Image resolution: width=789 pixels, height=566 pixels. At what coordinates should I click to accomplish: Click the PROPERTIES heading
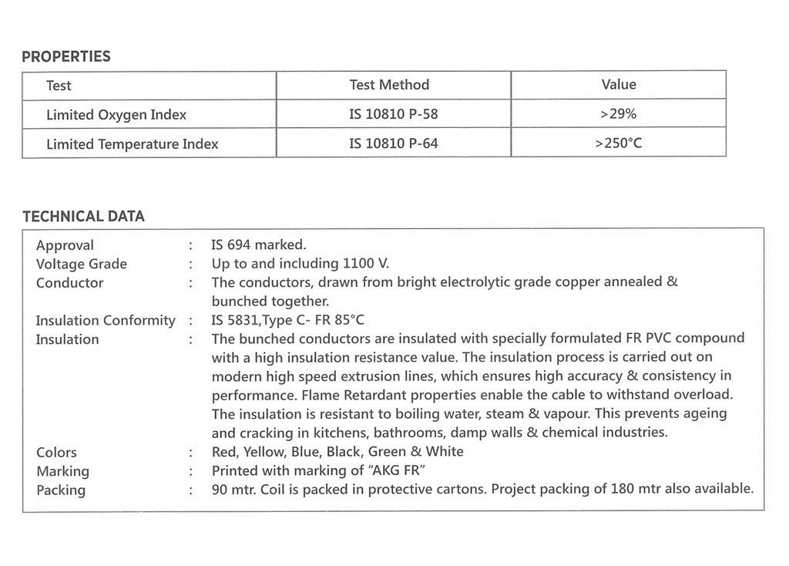click(66, 56)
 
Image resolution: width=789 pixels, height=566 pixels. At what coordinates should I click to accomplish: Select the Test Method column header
click(389, 85)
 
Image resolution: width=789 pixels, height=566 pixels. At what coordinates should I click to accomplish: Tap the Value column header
click(619, 85)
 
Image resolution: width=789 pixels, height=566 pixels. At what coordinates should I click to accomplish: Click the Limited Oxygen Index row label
click(116, 115)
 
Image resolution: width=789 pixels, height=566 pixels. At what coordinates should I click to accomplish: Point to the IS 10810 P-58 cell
click(394, 114)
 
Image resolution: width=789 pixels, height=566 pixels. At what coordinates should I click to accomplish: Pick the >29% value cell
click(618, 114)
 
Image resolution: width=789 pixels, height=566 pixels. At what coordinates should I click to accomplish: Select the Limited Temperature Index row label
click(132, 144)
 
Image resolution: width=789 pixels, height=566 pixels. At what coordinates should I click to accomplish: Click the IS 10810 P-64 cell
click(394, 143)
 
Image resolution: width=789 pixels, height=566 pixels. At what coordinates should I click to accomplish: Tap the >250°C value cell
click(618, 143)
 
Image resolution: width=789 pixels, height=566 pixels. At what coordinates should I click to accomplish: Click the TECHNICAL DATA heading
click(83, 217)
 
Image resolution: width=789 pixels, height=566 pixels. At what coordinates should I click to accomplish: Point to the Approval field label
click(65, 245)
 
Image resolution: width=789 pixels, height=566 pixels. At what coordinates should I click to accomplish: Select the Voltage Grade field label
click(82, 264)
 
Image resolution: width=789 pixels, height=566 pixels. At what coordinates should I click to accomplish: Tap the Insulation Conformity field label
click(106, 321)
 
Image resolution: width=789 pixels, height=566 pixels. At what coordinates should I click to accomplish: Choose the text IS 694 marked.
click(259, 245)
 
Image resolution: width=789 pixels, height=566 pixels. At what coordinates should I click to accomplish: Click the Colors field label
click(56, 452)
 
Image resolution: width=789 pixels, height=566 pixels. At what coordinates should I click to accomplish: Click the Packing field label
click(61, 490)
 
